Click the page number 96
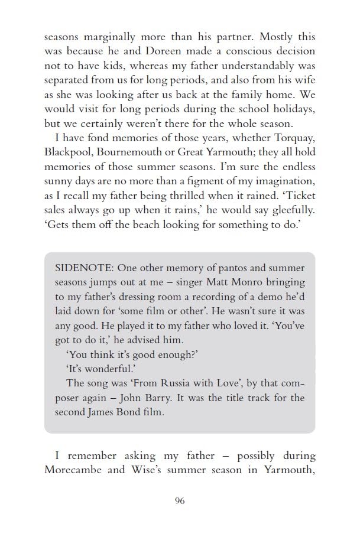click(180, 501)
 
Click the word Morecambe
click(74, 471)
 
